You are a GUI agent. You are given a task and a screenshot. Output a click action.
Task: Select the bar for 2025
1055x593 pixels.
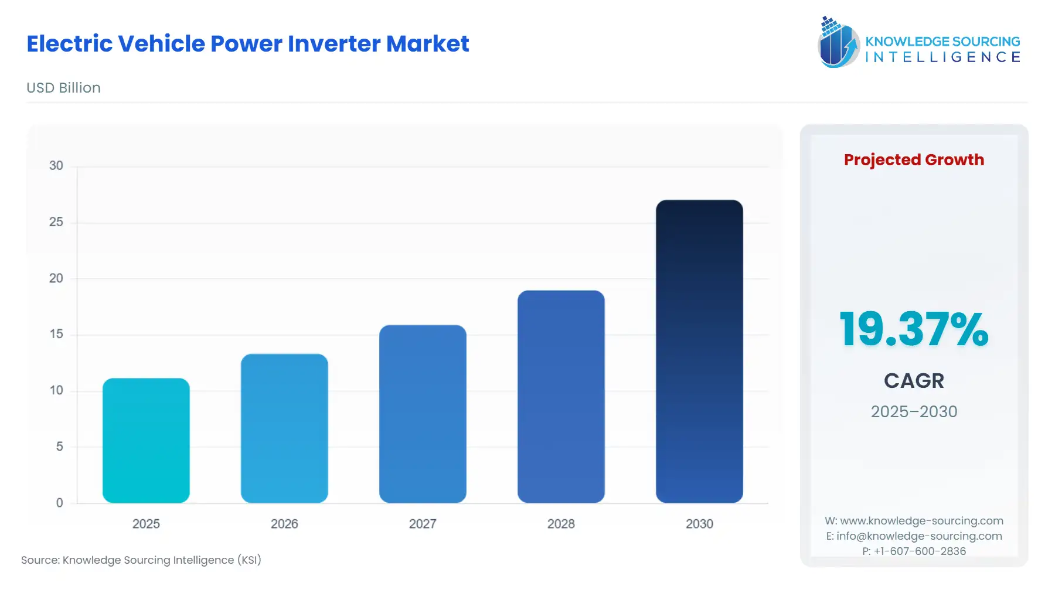146,441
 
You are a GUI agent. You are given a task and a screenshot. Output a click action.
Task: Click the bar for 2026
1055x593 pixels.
284,428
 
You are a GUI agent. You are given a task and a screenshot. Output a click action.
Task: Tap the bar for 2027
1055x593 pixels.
423,414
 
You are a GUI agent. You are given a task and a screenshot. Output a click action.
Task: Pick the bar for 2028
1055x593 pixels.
561,397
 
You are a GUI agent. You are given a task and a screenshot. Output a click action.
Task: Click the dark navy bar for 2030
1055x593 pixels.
699,352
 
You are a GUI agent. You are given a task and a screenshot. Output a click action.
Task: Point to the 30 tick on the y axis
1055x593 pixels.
56,166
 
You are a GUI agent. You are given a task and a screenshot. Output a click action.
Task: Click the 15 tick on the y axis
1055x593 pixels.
56,334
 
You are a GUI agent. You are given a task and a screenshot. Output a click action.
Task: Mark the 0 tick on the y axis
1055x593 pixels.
59,503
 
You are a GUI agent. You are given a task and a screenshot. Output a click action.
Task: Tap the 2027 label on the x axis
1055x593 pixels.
423,524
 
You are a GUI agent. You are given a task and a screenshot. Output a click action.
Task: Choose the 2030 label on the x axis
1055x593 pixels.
699,524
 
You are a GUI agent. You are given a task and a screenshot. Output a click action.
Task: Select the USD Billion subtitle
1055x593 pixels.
63,88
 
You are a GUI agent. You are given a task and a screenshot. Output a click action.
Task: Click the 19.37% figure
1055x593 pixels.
914,329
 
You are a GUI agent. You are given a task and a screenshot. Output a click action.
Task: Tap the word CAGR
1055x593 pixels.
914,381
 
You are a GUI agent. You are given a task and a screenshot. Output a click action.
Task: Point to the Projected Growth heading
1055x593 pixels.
914,160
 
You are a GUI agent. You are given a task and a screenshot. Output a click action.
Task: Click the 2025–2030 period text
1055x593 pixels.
914,412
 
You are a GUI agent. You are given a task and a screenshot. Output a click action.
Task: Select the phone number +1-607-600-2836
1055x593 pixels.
920,551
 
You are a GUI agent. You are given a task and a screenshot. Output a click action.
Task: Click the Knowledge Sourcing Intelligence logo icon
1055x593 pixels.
838,42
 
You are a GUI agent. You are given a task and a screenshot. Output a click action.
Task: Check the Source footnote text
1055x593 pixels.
141,560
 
